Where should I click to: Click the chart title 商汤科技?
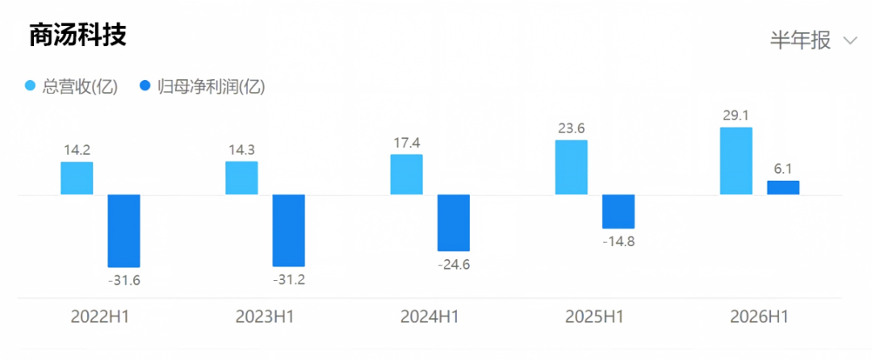[78, 36]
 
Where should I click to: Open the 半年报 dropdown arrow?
[850, 40]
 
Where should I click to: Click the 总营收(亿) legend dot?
[31, 86]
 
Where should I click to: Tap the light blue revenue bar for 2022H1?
[77, 178]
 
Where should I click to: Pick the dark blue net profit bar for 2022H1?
[124, 231]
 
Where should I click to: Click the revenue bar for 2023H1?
[241, 178]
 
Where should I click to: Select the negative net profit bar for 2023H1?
[288, 231]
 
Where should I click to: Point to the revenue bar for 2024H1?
[406, 174]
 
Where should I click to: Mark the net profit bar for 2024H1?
[454, 223]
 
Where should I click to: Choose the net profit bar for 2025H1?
[618, 211]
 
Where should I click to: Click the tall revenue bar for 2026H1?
[736, 161]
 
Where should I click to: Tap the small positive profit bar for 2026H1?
[783, 188]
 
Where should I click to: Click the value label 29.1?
[736, 116]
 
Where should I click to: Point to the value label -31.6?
[124, 281]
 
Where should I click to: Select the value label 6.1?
[783, 170]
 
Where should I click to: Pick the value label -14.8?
[618, 241]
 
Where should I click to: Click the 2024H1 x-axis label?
[430, 316]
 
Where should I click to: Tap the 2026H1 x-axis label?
[759, 316]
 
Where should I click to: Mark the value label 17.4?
[406, 143]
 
